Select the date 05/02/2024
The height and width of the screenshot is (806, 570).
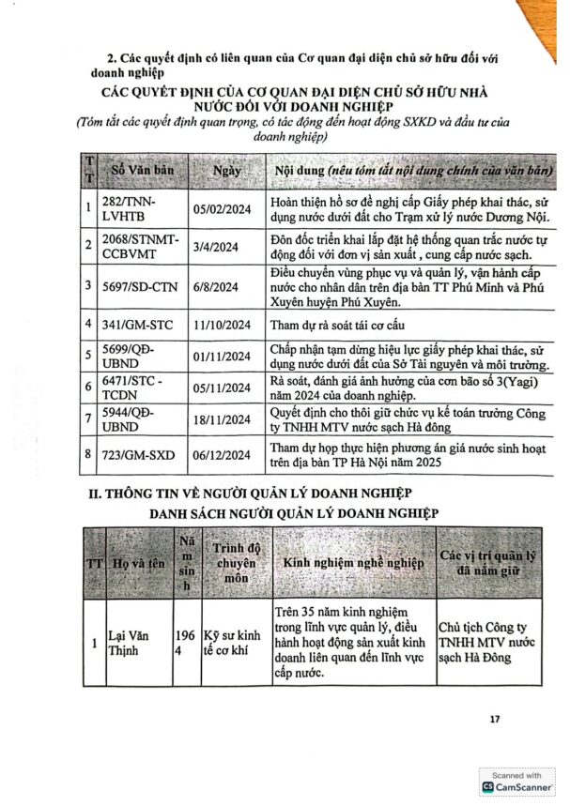pyautogui.click(x=222, y=210)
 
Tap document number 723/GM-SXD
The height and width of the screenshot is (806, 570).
pyautogui.click(x=137, y=449)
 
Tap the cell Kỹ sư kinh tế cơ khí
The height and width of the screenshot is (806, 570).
pyautogui.click(x=234, y=646)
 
